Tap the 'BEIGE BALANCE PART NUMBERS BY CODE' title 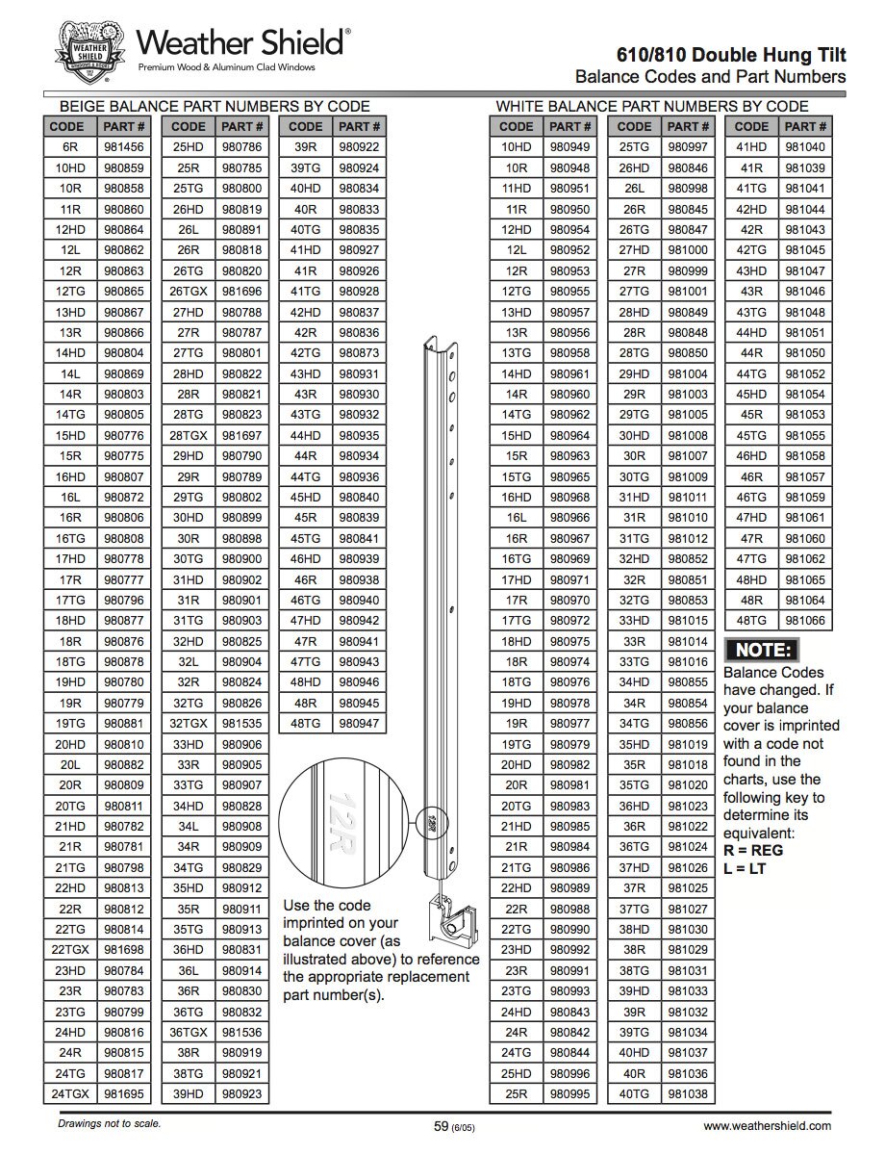(x=215, y=106)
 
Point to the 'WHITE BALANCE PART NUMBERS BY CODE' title (x=651, y=106)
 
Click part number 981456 (x=124, y=147)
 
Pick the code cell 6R (x=70, y=147)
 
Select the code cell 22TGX (x=70, y=950)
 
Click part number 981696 (x=241, y=291)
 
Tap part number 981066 (x=805, y=621)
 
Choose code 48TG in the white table (x=751, y=621)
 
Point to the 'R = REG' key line (x=753, y=851)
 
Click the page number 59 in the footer (x=442, y=1125)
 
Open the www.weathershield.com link (x=767, y=1125)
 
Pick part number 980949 (x=570, y=147)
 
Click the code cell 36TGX (x=188, y=1033)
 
